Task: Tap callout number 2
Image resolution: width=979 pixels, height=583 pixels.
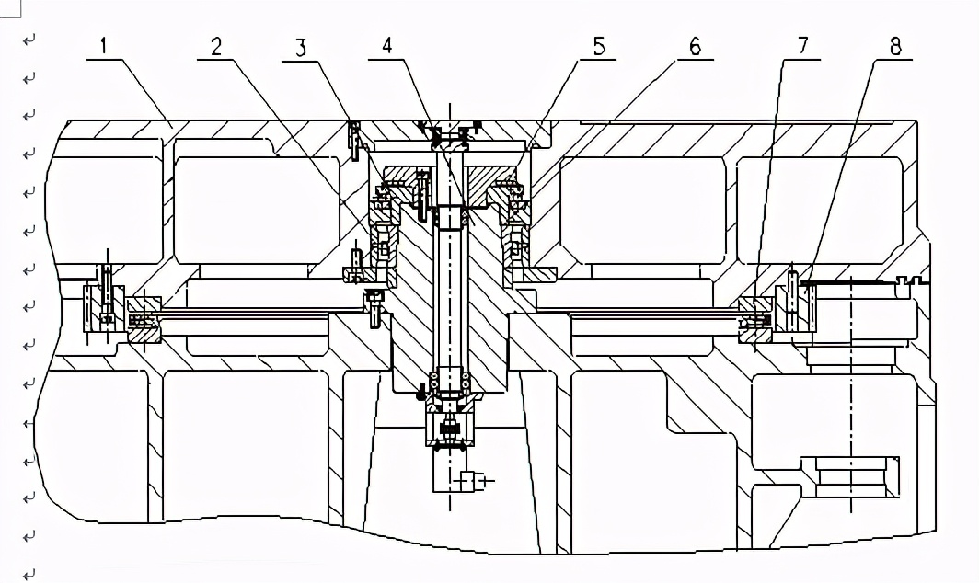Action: click(216, 45)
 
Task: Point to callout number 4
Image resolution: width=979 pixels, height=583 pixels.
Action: click(387, 45)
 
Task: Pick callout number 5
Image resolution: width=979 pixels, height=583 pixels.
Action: click(599, 45)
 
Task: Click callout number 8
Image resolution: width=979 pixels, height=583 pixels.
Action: click(894, 45)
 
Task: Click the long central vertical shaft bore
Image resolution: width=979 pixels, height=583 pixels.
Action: click(450, 294)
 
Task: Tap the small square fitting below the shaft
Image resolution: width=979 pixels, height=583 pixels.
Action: click(469, 480)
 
